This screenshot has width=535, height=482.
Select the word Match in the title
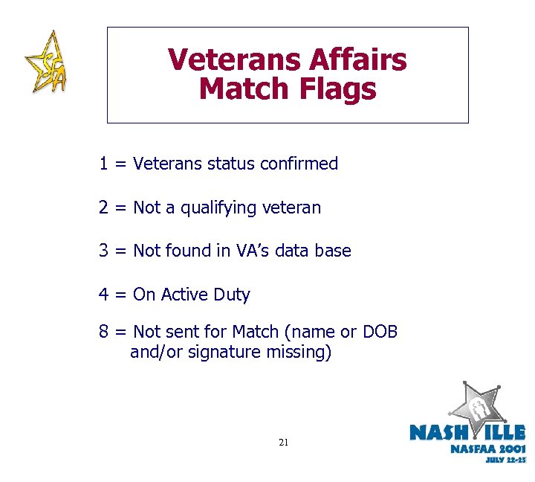coord(244,89)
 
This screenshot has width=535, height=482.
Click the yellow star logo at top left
coord(45,62)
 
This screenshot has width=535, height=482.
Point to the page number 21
coord(283,443)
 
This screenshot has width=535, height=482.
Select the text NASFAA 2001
coord(487,449)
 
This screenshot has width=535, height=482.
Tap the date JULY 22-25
coord(505,460)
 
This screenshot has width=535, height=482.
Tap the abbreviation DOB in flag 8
coord(380,331)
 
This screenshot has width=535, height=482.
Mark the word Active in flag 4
coord(184,295)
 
